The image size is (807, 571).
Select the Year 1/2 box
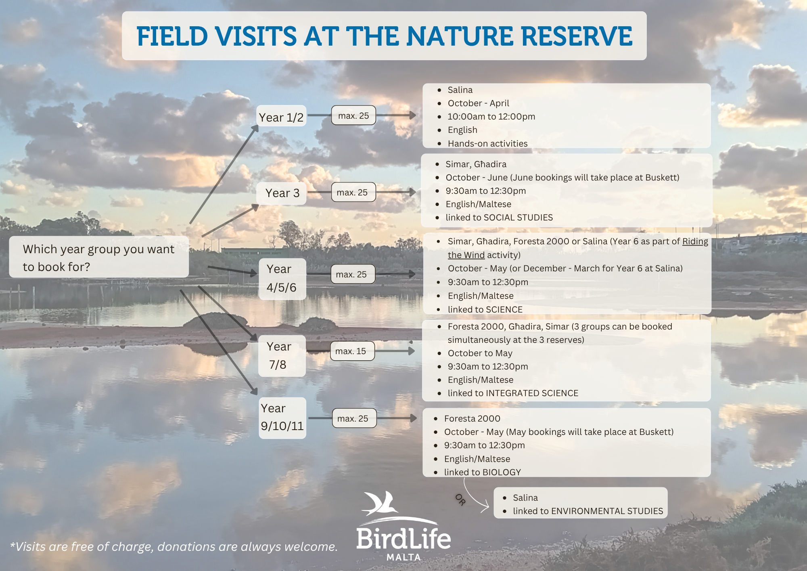[x=281, y=116]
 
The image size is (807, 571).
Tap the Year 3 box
[x=282, y=193]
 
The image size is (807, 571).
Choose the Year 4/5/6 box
[x=282, y=279]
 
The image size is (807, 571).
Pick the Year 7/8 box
[x=282, y=356]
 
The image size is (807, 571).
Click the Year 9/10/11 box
[x=282, y=418]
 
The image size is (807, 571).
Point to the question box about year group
[x=99, y=257]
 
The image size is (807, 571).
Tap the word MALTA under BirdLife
[x=403, y=557]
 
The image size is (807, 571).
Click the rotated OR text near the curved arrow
[x=460, y=500]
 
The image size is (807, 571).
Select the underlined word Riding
[x=695, y=241]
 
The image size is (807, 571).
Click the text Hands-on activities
[x=487, y=143]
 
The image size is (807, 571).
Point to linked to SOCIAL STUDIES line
[x=499, y=217]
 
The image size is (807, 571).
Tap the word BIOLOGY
[x=502, y=472]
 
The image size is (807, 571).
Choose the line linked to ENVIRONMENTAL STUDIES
[x=588, y=511]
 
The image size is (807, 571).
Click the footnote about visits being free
[x=174, y=546]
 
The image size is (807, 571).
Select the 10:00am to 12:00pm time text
[x=491, y=117]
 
